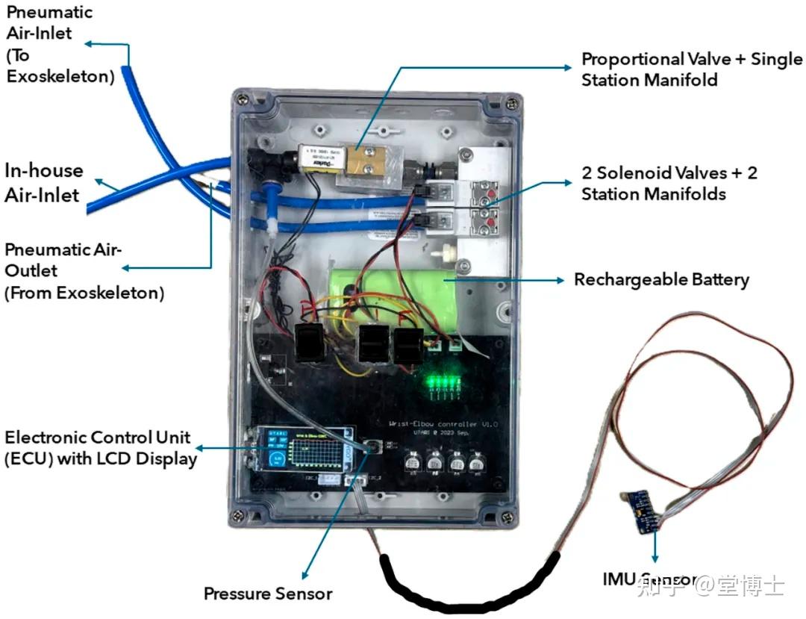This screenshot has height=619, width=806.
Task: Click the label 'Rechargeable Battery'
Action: point(661,280)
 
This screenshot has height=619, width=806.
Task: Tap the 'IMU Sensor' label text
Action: point(649,579)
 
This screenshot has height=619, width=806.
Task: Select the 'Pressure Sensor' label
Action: point(268,594)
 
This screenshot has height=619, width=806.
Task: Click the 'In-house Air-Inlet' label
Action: point(44,182)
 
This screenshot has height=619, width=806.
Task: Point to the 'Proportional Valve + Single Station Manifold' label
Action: point(692,69)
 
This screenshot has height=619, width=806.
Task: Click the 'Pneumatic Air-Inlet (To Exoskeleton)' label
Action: point(50,44)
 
